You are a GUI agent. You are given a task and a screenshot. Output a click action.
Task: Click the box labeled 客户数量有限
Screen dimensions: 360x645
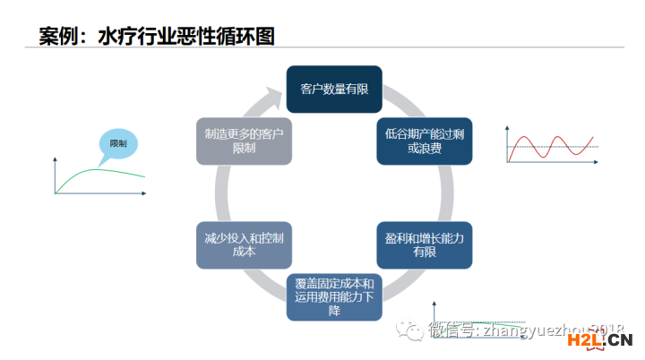334,90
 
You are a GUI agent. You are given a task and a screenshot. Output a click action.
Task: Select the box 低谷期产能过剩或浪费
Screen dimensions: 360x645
424,141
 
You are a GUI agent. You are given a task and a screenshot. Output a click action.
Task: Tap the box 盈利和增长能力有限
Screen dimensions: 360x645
424,244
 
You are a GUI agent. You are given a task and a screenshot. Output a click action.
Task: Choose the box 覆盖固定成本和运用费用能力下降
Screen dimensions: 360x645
334,297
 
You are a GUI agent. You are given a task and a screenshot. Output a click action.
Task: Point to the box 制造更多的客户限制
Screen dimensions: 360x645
244,141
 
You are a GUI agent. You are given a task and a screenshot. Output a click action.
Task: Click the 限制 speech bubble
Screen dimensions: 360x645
118,143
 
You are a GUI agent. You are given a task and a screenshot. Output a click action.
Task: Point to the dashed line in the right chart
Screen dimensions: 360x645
573,147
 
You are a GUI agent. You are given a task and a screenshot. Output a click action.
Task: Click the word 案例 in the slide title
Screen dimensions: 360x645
59,36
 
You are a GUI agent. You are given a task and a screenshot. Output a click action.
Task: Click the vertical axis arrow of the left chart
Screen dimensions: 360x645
56,159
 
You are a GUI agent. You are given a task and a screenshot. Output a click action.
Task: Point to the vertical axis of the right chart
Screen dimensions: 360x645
507,143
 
